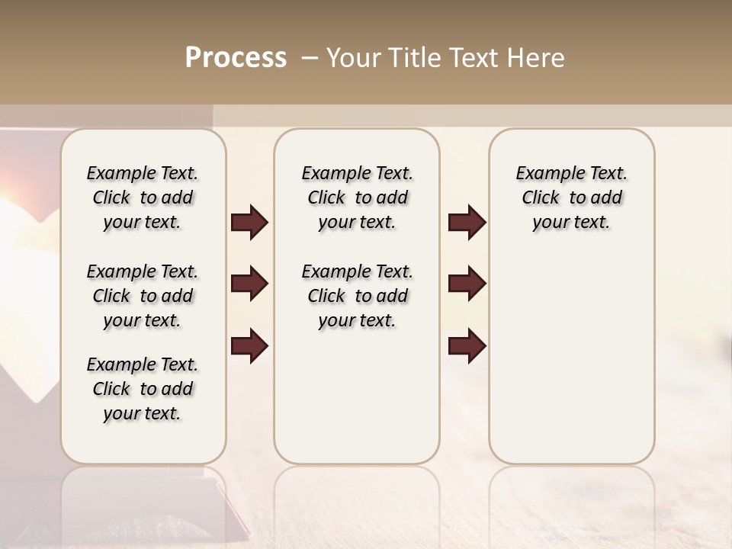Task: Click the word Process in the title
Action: click(236, 58)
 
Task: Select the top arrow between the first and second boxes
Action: click(249, 223)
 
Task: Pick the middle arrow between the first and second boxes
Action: click(249, 284)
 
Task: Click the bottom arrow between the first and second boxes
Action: click(249, 345)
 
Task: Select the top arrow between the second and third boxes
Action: click(467, 223)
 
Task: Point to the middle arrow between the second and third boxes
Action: click(467, 284)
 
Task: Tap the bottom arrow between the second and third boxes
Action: click(467, 345)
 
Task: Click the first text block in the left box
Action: click(143, 197)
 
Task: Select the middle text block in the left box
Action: click(143, 296)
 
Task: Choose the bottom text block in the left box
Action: click(143, 389)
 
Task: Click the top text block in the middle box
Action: click(358, 197)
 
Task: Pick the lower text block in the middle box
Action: click(358, 296)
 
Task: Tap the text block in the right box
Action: click(572, 197)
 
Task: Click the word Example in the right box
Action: click(544, 174)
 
